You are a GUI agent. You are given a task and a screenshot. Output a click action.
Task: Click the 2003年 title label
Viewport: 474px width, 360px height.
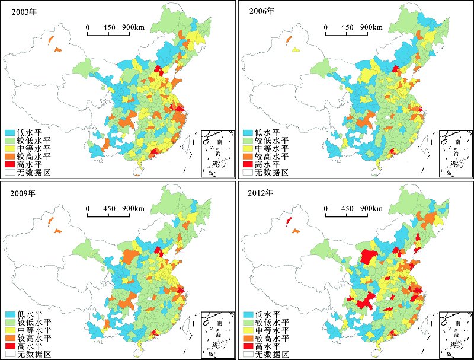coord(24,12)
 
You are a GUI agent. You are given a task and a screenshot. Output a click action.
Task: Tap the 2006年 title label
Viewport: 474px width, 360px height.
coord(262,11)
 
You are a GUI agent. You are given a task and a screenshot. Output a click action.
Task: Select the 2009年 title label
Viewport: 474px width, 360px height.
coord(23,193)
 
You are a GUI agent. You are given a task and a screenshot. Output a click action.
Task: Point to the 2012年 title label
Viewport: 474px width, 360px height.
coord(261,193)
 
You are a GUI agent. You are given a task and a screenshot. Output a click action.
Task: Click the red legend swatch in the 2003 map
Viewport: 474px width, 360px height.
coord(9,164)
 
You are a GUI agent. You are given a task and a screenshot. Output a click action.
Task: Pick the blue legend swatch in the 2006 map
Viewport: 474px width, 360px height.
coord(248,132)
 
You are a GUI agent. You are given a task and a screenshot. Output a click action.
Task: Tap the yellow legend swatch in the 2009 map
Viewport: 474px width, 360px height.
coord(10,330)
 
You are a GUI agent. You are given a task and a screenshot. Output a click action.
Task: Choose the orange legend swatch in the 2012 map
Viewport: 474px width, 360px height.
coord(248,338)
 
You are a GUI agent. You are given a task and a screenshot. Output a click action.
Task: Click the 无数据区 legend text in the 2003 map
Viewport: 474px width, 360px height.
coord(34,173)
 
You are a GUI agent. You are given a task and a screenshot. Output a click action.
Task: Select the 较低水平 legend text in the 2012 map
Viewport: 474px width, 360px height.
coord(272,322)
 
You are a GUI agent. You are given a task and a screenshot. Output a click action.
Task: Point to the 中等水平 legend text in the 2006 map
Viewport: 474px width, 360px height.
coord(271,148)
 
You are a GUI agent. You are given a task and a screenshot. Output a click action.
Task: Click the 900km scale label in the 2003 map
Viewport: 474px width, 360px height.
coord(133,27)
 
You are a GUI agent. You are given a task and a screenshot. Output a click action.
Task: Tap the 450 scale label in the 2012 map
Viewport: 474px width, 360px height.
coord(347,208)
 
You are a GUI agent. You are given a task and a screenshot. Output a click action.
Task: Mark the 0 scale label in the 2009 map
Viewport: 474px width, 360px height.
coord(88,208)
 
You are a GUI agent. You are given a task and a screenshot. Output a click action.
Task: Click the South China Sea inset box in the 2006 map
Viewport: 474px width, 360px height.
coord(456,154)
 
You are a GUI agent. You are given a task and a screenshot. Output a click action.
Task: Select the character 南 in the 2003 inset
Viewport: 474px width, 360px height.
coord(220,142)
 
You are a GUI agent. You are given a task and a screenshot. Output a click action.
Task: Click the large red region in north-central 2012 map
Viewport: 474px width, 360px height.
coord(369,257)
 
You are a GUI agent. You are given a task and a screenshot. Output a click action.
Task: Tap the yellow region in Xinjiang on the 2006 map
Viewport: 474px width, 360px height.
coord(296,50)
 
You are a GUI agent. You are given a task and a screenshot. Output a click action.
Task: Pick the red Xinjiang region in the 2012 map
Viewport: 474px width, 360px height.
coord(289,221)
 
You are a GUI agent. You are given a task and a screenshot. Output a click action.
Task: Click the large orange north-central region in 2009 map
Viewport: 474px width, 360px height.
coord(130,257)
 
